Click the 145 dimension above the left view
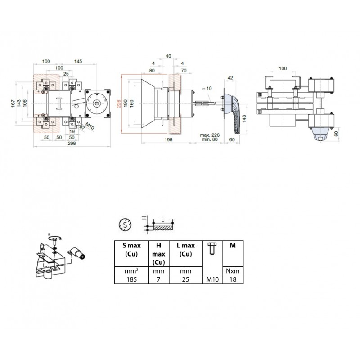click(78, 61)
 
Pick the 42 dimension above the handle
click(230, 78)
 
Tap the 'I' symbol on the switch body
click(59, 103)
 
